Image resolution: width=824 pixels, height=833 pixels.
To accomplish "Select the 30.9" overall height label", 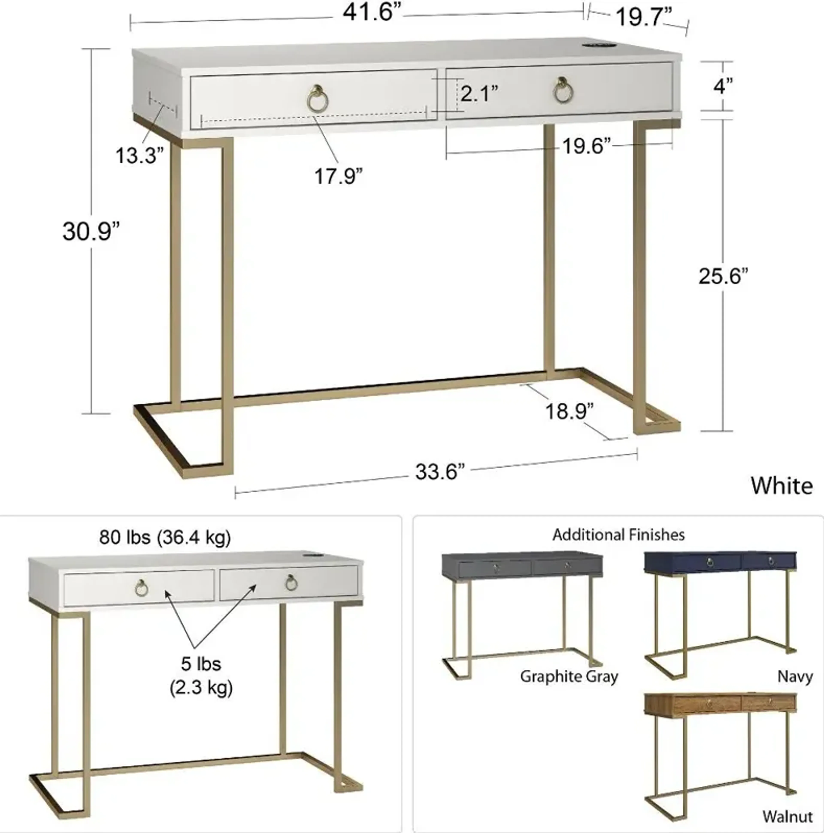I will (91, 232).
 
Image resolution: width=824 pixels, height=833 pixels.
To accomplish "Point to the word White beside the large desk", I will (782, 486).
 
